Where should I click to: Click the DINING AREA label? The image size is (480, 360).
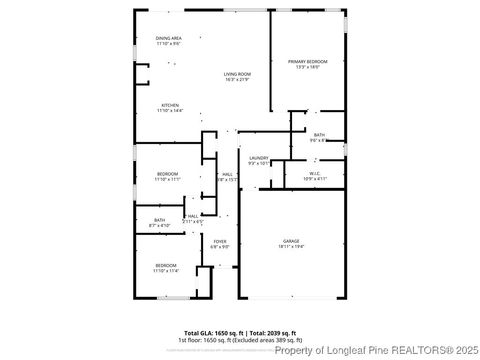(169, 38)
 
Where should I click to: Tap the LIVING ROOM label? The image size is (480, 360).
(237, 74)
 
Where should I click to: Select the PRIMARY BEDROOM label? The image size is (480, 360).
(308, 62)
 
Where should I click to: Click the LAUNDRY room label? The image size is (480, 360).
(258, 157)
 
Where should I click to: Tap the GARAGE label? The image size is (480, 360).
(291, 242)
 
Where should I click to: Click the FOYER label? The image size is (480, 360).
(220, 241)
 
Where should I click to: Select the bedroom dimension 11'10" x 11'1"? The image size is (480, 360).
(167, 180)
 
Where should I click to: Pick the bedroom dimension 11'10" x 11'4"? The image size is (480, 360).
(166, 271)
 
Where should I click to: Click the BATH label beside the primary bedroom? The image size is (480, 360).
(319, 135)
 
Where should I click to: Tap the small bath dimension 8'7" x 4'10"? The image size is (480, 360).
(159, 225)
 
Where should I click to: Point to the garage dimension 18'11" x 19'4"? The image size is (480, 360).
(291, 248)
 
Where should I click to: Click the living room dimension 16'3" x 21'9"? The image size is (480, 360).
(237, 80)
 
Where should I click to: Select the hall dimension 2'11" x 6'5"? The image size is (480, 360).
(192, 220)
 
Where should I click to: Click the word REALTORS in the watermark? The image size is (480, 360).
(404, 350)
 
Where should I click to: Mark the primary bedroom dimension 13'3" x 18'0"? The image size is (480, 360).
(308, 68)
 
